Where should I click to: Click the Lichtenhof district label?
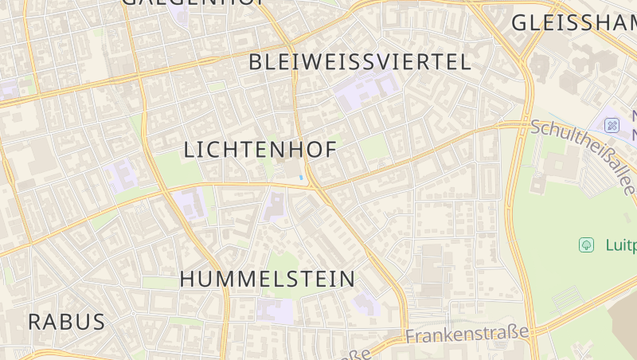(x=260, y=150)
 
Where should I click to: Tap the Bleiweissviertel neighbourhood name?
(x=360, y=62)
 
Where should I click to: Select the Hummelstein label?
(x=268, y=279)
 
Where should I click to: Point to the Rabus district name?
(x=67, y=322)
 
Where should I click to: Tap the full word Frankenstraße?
(x=467, y=334)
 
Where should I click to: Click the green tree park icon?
(x=587, y=245)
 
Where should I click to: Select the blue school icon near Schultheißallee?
(x=612, y=125)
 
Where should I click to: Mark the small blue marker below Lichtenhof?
(x=300, y=177)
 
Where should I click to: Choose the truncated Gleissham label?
(x=573, y=23)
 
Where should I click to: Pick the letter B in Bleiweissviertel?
(x=256, y=62)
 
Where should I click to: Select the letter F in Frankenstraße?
(x=410, y=338)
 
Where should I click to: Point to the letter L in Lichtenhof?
(x=190, y=150)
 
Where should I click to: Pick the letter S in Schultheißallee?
(x=536, y=127)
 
